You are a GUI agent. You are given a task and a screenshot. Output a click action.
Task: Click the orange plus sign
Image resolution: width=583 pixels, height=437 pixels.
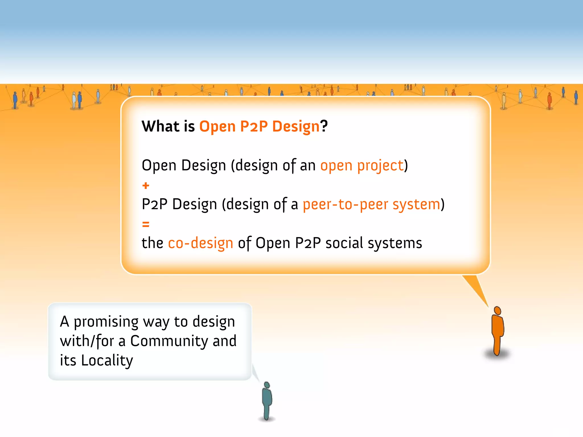coord(146,185)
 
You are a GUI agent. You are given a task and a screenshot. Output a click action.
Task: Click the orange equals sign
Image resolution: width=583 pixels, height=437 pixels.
coord(146,224)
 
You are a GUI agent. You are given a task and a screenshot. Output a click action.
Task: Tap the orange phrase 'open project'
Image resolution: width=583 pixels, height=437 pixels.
coord(362,165)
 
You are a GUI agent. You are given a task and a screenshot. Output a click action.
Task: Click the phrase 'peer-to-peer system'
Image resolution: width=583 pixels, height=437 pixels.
coord(371,204)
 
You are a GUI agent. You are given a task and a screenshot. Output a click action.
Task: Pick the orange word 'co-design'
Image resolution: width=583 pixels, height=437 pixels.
coord(201,243)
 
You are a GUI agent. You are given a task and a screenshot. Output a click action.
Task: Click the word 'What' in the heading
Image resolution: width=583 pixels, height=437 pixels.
coord(161,126)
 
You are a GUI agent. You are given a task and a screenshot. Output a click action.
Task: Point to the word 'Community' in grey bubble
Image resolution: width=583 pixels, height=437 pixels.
coord(169,341)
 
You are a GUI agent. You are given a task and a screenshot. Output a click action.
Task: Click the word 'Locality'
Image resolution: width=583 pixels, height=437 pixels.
coord(107,360)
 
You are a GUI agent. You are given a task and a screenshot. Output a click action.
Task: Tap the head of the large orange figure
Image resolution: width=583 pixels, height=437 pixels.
coord(497,311)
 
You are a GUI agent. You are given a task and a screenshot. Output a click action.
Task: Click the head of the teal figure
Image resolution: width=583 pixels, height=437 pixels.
coord(267,385)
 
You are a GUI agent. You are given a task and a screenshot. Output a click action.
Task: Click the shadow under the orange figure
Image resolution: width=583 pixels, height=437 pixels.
coord(498,354)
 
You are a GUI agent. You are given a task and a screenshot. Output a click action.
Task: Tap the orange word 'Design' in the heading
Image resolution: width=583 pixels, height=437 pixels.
coord(295,126)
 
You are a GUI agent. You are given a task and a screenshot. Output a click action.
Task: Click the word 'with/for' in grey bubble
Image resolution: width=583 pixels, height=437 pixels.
coord(87,341)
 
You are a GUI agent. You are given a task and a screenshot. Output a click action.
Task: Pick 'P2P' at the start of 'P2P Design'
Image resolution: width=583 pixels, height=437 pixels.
coord(154,204)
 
